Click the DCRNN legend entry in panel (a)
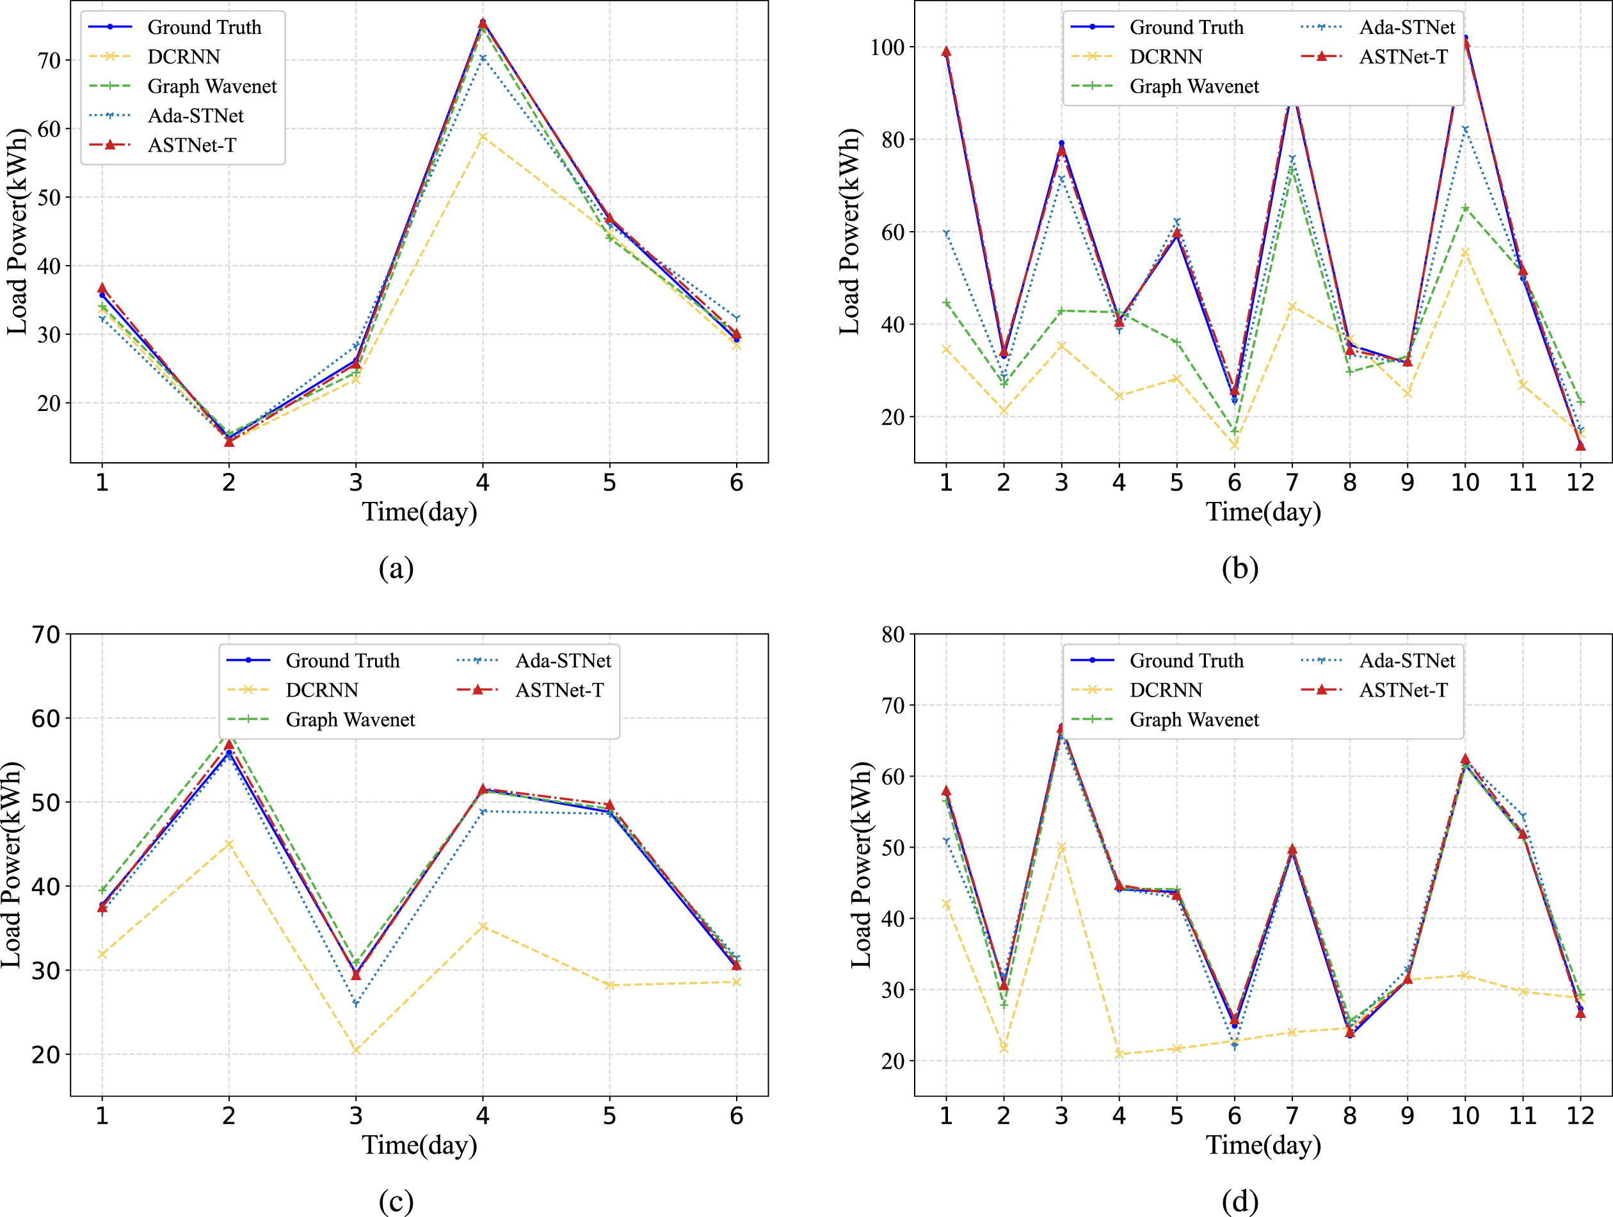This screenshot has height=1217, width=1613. (154, 57)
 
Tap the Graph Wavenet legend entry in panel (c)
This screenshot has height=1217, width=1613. (321, 720)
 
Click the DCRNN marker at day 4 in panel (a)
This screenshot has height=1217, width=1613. (483, 136)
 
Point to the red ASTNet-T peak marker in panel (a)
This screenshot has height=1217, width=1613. (483, 23)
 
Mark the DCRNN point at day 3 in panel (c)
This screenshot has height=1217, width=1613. (356, 1051)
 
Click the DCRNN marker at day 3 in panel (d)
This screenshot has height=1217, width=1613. (1062, 848)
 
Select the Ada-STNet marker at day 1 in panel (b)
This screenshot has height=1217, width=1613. (946, 233)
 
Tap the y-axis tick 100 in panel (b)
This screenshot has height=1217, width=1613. (887, 47)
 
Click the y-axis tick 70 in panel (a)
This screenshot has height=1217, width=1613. (49, 61)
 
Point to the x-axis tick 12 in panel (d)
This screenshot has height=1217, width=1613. (1580, 1115)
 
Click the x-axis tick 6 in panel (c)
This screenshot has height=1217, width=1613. (737, 1115)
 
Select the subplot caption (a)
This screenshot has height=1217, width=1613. (396, 567)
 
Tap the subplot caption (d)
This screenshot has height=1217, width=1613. (1240, 1200)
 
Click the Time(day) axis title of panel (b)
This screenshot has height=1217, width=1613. (1263, 512)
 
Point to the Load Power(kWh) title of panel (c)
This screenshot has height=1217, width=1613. (12, 865)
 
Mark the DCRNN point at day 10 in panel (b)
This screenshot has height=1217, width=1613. (1465, 252)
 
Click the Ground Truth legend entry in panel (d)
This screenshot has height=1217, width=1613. (1157, 661)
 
